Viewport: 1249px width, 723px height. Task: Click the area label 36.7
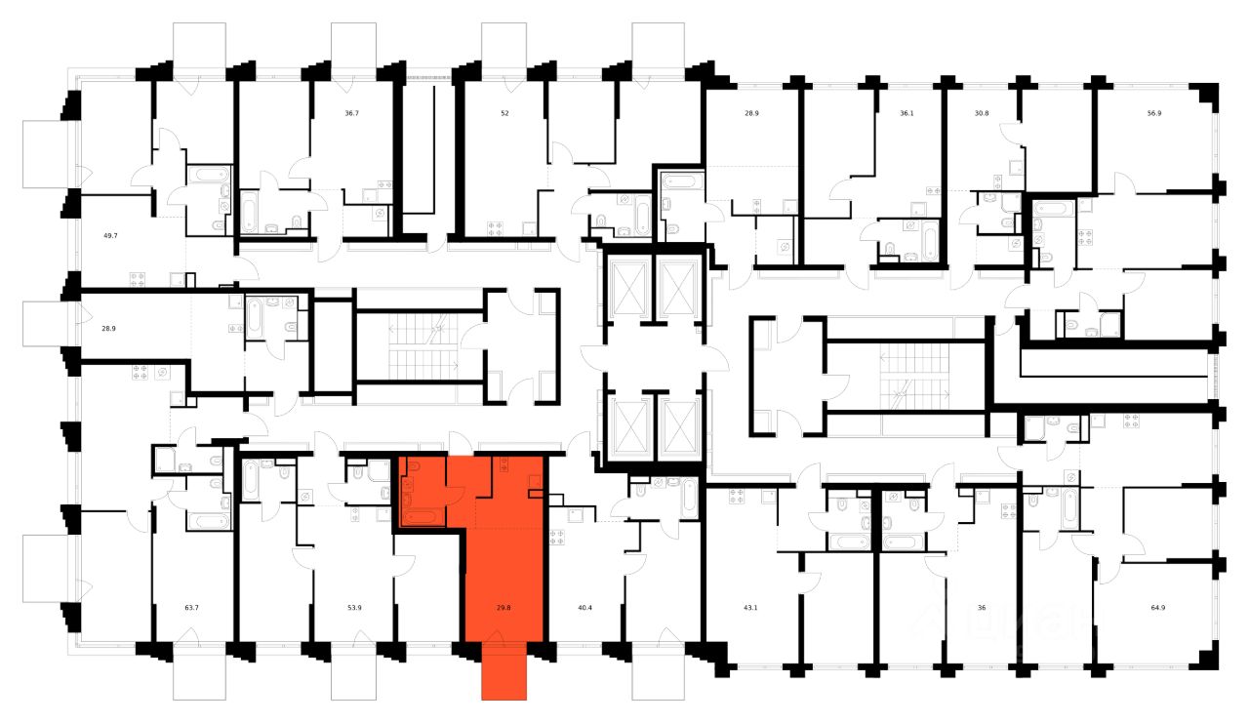[351, 113]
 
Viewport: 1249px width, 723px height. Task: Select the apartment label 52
[504, 113]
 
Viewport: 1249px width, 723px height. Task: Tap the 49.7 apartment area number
[109, 235]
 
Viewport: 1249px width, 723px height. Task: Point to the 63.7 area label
[191, 608]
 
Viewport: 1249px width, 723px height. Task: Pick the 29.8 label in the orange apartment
[504, 608]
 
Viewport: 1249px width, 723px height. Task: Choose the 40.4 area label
[585, 608]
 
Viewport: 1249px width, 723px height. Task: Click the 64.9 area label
[1157, 608]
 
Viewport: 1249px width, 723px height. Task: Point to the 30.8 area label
[982, 113]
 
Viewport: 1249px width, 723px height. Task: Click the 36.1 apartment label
[907, 113]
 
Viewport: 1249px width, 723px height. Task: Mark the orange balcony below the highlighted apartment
[504, 673]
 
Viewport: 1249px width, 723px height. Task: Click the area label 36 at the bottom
[981, 608]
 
